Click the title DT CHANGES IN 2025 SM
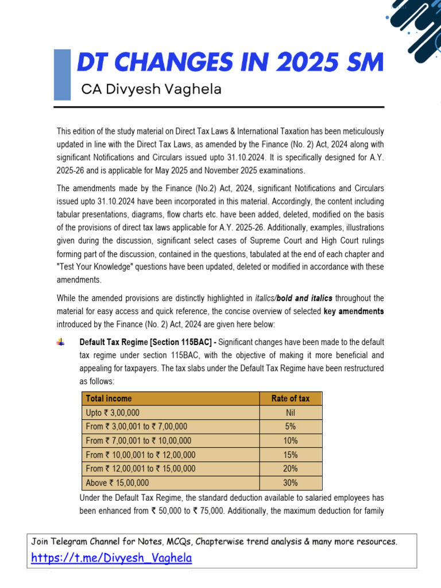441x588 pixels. pos(230,63)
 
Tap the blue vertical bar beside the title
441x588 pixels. pos(62,75)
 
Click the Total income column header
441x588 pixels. pos(109,399)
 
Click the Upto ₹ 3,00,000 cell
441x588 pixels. pos(113,413)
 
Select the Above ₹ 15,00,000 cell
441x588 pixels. pos(117,483)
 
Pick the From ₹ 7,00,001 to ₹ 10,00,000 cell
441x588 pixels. pos(138,440)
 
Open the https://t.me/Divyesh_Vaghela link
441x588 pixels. pos(111,558)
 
